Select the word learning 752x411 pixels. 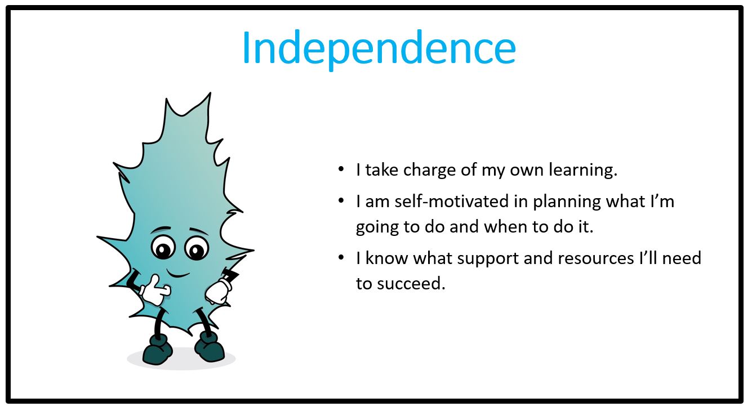tap(583, 171)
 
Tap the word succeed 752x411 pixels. tap(411, 284)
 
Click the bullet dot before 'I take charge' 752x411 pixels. tap(341, 169)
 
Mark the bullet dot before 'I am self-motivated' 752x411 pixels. tap(341, 200)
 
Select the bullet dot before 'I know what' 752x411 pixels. tap(341, 257)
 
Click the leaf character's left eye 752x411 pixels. tap(163, 248)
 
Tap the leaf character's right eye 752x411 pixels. tap(197, 249)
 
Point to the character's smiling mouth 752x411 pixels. tap(178, 274)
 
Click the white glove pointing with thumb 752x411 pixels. tap(155, 290)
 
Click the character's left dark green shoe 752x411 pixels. tap(157, 349)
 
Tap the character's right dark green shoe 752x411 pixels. tap(209, 347)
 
